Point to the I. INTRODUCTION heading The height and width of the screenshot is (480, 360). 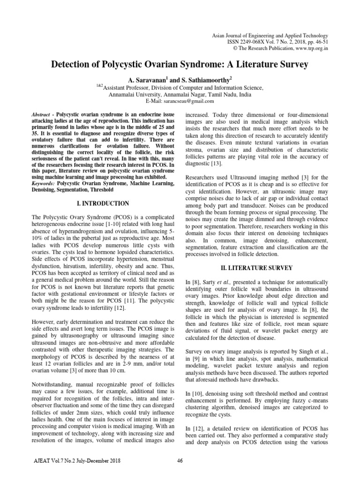(x=102, y=203)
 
